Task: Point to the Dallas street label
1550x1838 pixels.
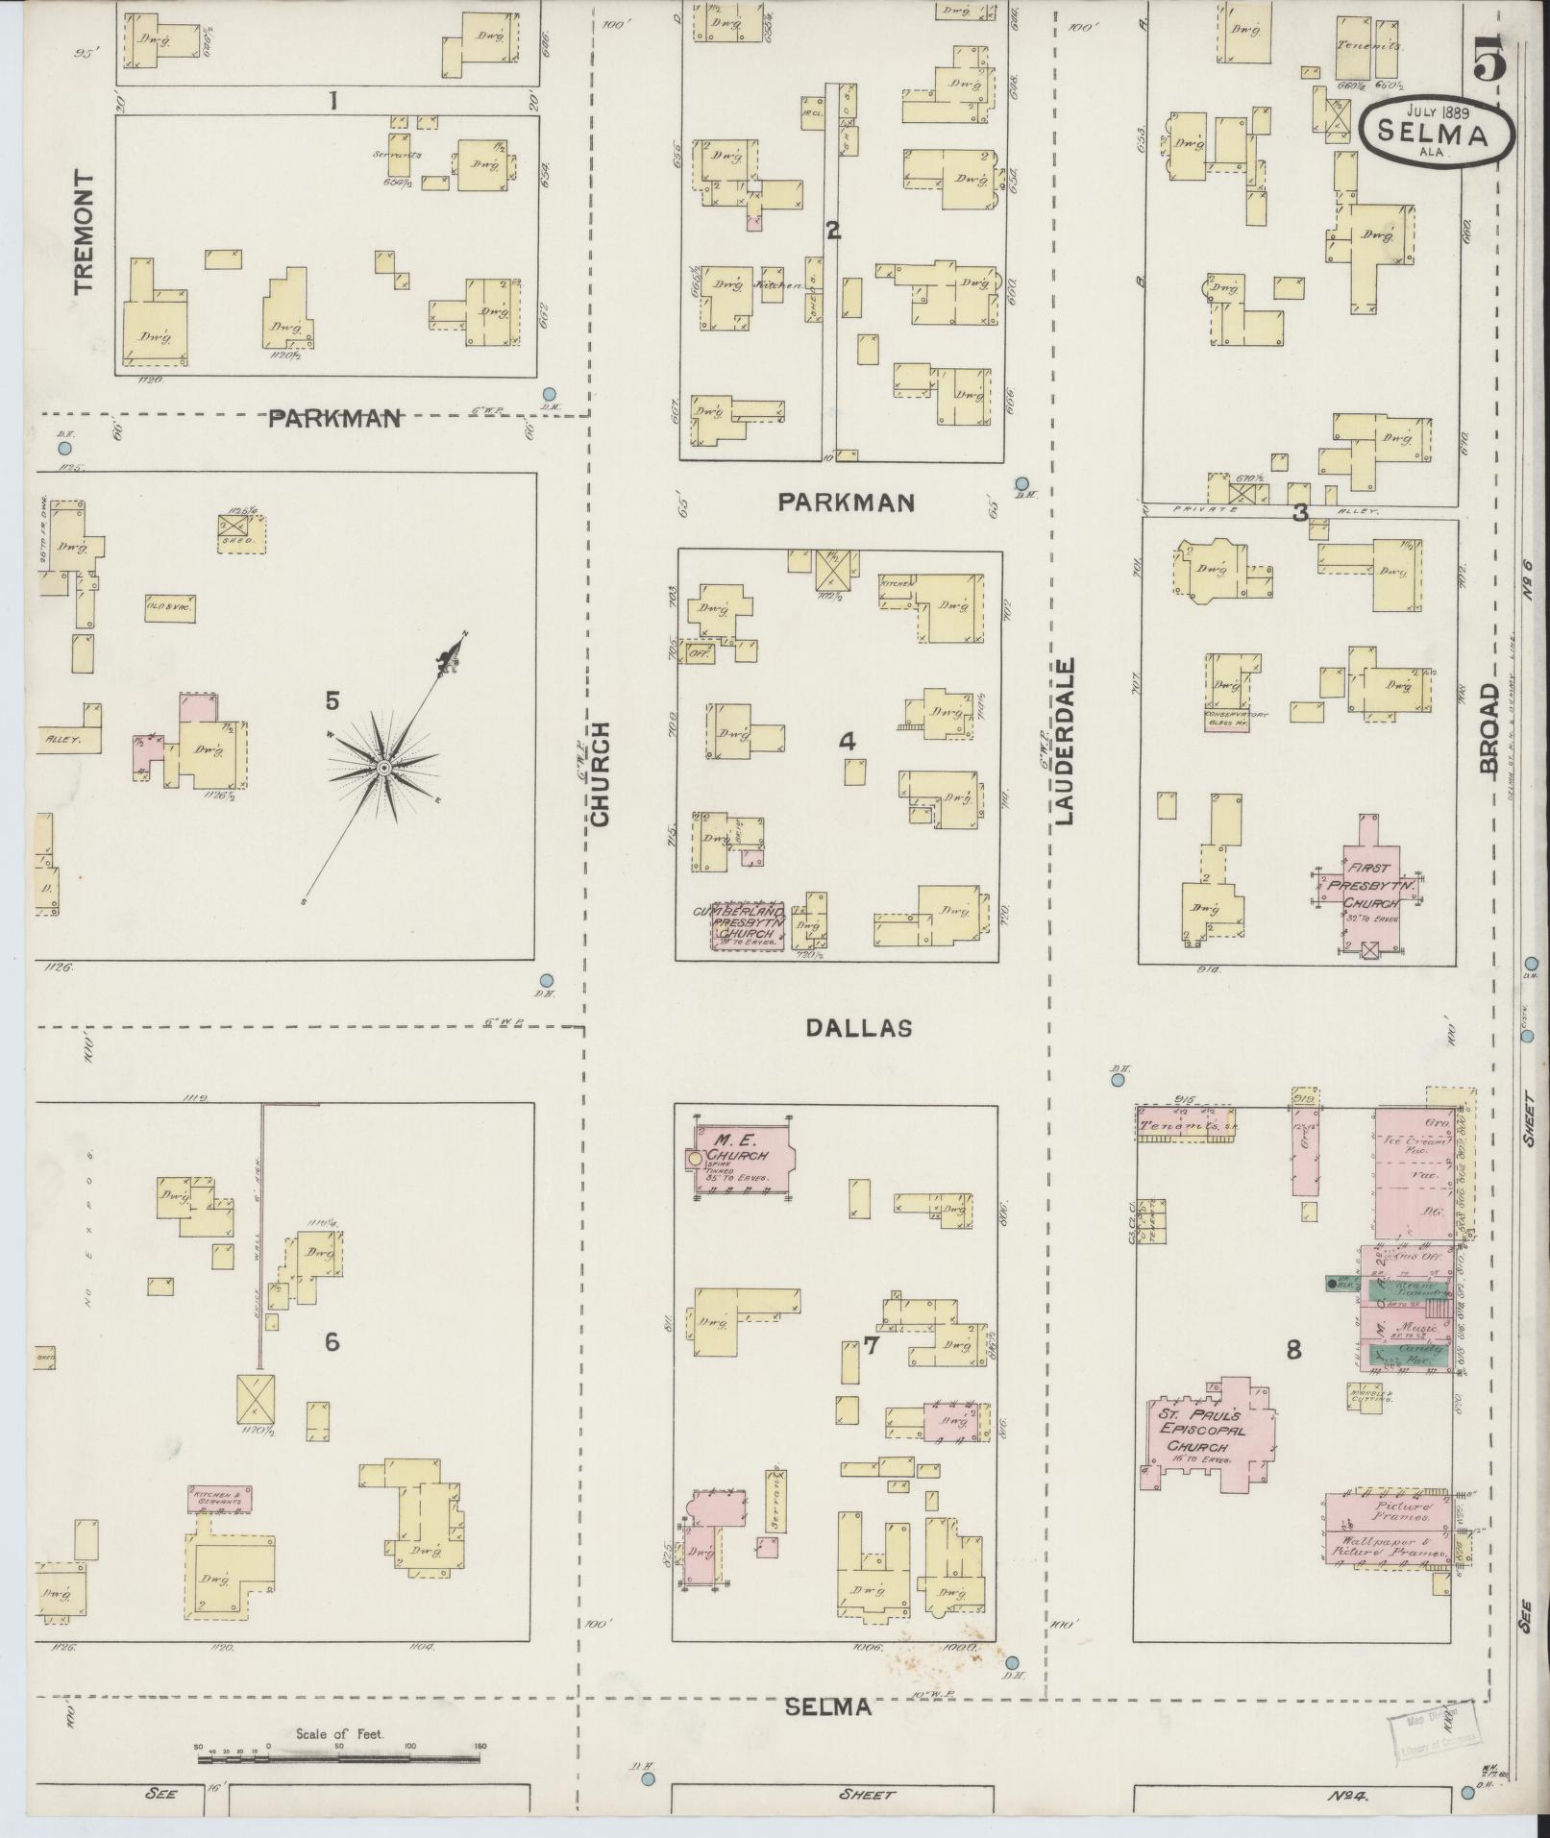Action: pyautogui.click(x=858, y=1027)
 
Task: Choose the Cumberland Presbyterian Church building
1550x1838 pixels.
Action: pyautogui.click(x=748, y=924)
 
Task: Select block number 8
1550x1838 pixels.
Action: pyautogui.click(x=1293, y=1350)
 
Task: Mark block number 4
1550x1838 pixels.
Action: pyautogui.click(x=847, y=741)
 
